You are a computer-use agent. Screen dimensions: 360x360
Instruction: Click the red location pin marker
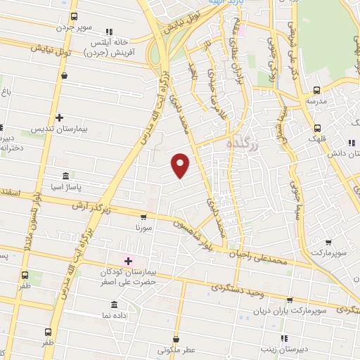(x=181, y=165)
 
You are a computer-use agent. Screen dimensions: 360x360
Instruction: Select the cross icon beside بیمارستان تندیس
(x=59, y=117)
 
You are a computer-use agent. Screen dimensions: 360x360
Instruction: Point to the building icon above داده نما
(x=114, y=304)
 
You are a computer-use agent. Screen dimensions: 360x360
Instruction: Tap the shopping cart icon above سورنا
(x=143, y=217)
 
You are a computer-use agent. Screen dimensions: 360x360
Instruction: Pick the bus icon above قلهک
(x=318, y=128)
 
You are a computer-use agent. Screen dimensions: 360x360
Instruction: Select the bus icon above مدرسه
(x=316, y=90)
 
